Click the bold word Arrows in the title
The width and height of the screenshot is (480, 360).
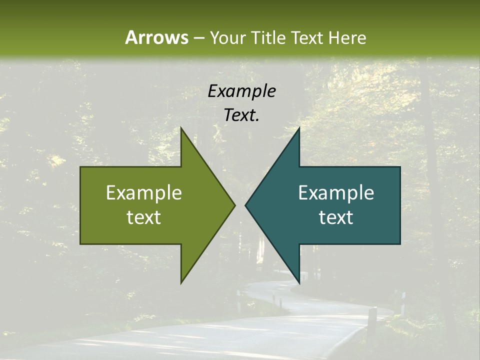pyautogui.click(x=156, y=37)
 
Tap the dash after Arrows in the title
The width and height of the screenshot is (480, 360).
pyautogui.click(x=199, y=38)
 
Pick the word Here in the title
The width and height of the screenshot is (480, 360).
pyautogui.click(x=347, y=38)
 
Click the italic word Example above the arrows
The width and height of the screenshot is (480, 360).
pyautogui.click(x=241, y=91)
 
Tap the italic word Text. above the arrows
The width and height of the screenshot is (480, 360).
pyautogui.click(x=241, y=115)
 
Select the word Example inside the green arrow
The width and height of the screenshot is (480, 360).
pyautogui.click(x=144, y=192)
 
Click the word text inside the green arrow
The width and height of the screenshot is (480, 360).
pyautogui.click(x=144, y=217)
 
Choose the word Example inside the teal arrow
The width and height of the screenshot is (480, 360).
pyautogui.click(x=336, y=192)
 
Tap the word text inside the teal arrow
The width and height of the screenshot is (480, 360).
pyautogui.click(x=336, y=217)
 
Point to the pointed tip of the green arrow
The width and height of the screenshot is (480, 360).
pyautogui.click(x=234, y=205)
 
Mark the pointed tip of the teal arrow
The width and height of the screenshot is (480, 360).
pyautogui.click(x=245, y=205)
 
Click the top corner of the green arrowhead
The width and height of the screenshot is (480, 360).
pyautogui.click(x=181, y=128)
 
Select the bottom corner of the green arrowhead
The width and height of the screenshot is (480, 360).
pyautogui.click(x=181, y=282)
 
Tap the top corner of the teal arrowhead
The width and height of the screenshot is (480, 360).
pyautogui.click(x=299, y=128)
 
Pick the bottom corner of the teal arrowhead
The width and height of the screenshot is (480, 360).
pyautogui.click(x=299, y=282)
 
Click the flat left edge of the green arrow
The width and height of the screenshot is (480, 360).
pyautogui.click(x=80, y=205)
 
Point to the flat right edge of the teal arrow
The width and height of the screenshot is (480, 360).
pyautogui.click(x=400, y=205)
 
